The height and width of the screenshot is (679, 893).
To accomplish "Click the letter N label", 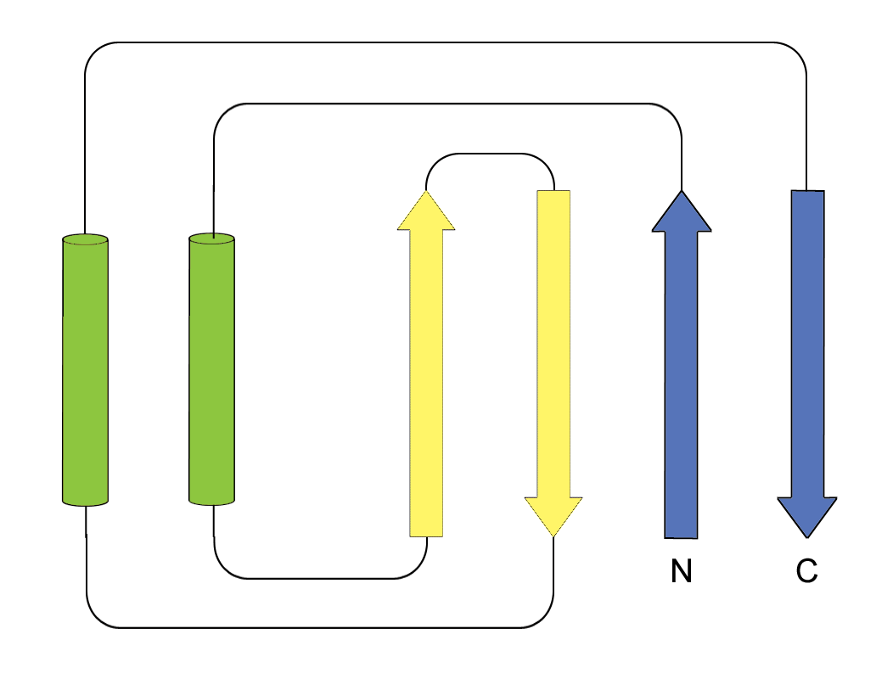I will click(681, 572).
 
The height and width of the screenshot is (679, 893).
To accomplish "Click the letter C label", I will click(806, 572).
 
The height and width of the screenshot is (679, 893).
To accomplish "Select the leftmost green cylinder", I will click(86, 369).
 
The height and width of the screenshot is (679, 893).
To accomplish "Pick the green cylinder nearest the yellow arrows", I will click(211, 369).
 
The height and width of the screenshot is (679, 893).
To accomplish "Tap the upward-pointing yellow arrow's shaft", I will click(426, 382).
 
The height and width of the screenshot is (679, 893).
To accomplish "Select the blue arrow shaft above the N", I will click(681, 382).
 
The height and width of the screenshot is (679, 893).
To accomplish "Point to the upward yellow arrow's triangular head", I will click(426, 212).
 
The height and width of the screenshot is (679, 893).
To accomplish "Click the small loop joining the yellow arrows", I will click(490, 154).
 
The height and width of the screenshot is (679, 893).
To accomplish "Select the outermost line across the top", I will click(446, 43).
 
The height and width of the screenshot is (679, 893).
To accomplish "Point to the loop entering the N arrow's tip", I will click(446, 104).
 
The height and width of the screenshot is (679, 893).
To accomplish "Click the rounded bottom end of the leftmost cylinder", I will click(86, 502).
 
